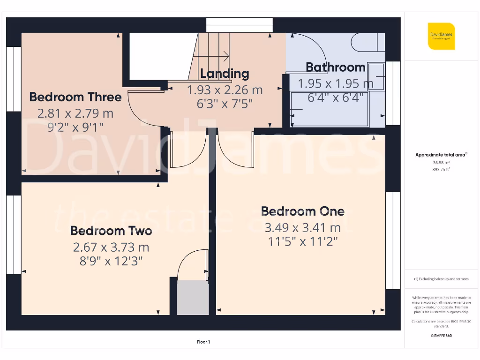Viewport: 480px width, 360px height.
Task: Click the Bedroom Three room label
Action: pos(75,97)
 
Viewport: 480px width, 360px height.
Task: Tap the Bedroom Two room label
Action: pos(111,231)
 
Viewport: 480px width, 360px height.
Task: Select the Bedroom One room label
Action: pos(302,211)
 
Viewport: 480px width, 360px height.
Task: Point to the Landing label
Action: pos(225,74)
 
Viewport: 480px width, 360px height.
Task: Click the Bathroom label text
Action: pos(336,67)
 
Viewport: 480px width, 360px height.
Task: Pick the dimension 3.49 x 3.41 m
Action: pos(302,228)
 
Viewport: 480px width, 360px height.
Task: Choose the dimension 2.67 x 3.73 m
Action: pos(111,247)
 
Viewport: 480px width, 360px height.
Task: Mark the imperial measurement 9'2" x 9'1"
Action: pos(75,127)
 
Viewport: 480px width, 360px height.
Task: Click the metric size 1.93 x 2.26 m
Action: pos(225,90)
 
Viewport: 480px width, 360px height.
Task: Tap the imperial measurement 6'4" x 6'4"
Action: pos(336,98)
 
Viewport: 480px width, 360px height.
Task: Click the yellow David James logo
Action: pos(441,36)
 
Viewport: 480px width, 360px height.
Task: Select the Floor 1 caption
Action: pos(203,342)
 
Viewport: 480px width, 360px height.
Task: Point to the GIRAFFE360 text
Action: pos(441,336)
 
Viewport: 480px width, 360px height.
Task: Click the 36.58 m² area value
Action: pos(441,162)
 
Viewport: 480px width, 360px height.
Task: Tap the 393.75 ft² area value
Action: pos(441,169)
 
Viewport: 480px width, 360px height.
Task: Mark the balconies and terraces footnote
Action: pos(441,279)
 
